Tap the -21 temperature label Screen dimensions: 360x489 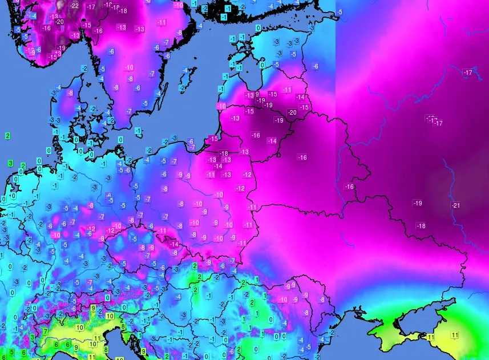pyautogui.click(x=455, y=205)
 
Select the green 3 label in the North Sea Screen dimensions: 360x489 pyautogui.click(x=11, y=164)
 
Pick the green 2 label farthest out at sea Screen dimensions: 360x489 pyautogui.click(x=8, y=136)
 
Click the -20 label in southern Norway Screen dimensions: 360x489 pyautogui.click(x=59, y=22)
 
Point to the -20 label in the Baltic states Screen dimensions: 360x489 pyautogui.click(x=292, y=112)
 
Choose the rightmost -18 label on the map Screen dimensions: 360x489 pyautogui.click(x=421, y=226)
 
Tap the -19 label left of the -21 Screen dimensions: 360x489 pyautogui.click(x=418, y=204)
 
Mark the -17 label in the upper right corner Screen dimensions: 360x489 pyautogui.click(x=468, y=73)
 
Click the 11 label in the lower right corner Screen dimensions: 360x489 pyautogui.click(x=455, y=335)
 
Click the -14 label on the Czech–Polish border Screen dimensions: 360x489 pyautogui.click(x=175, y=244)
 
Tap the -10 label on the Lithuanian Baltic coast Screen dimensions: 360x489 pyautogui.click(x=221, y=106)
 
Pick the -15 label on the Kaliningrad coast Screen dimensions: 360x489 pyautogui.click(x=214, y=139)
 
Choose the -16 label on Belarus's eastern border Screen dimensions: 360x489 pyautogui.click(x=349, y=187)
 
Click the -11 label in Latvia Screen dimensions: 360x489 pyautogui.click(x=287, y=90)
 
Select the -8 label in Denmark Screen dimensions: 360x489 pyautogui.click(x=70, y=93)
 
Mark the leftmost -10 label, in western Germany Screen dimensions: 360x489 pyautogui.click(x=56, y=235)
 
